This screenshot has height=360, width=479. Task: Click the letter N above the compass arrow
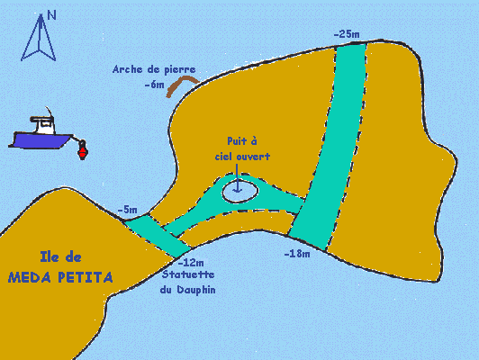click(52, 15)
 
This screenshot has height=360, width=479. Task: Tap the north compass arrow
click(39, 38)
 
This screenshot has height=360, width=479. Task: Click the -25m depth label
click(347, 34)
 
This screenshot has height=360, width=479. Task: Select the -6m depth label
click(155, 85)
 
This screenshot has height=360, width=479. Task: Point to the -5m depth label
click(127, 210)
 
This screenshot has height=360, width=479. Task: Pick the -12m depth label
click(191, 262)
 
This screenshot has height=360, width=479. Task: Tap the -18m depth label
click(297, 254)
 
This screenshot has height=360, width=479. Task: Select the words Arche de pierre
click(154, 69)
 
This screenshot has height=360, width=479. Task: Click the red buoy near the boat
click(82, 150)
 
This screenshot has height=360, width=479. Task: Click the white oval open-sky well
click(239, 191)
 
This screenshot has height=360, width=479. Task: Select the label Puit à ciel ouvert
click(242, 148)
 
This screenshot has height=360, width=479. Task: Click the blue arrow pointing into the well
click(237, 178)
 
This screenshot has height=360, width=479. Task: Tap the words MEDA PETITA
click(60, 277)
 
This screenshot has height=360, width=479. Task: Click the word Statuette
click(188, 274)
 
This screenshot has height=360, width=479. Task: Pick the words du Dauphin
click(187, 290)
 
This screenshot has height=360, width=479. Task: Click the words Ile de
click(61, 257)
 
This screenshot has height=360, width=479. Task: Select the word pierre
click(180, 70)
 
